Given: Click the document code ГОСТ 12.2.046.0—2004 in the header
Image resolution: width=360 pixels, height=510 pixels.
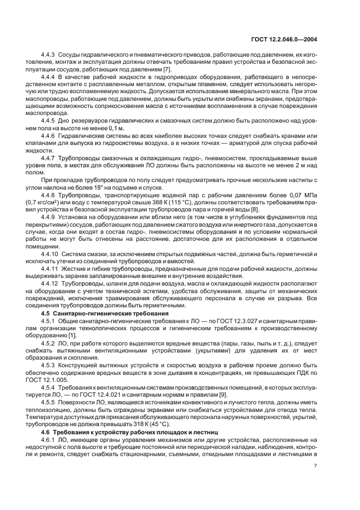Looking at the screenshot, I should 291,39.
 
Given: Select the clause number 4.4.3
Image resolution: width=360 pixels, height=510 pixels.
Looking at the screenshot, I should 48,56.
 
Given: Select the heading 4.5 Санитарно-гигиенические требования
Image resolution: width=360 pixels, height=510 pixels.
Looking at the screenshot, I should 91,313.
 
